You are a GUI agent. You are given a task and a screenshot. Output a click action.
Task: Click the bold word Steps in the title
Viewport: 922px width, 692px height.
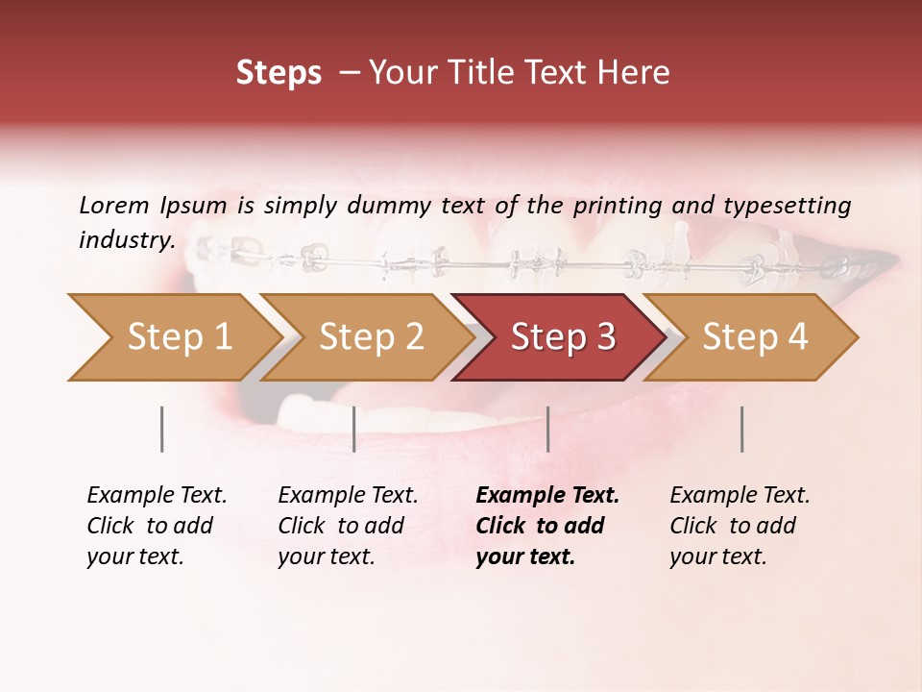(x=279, y=74)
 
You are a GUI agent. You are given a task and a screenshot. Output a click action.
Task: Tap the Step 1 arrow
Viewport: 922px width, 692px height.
(x=173, y=337)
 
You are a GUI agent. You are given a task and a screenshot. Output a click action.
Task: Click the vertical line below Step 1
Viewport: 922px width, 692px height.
(x=161, y=429)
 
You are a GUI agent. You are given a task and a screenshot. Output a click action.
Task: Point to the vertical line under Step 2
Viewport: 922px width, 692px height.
(x=354, y=429)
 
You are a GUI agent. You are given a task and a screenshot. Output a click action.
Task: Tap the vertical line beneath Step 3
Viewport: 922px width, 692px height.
(x=547, y=429)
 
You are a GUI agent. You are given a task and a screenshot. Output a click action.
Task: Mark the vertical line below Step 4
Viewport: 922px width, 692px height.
(x=741, y=429)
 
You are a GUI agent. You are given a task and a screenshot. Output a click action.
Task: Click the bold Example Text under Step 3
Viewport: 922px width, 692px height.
(x=546, y=526)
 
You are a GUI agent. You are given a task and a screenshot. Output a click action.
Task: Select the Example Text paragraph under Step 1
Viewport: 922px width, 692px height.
(x=156, y=526)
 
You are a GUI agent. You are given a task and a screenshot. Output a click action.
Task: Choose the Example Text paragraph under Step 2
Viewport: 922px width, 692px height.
(x=347, y=526)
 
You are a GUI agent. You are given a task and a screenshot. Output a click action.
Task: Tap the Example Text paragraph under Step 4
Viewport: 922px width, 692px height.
(x=739, y=526)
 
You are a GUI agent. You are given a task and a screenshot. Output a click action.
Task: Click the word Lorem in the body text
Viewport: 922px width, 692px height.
(x=113, y=205)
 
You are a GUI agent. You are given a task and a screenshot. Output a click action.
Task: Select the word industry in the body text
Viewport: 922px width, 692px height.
(x=126, y=240)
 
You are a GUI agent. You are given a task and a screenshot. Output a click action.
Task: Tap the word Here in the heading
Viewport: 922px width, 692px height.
(x=637, y=74)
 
